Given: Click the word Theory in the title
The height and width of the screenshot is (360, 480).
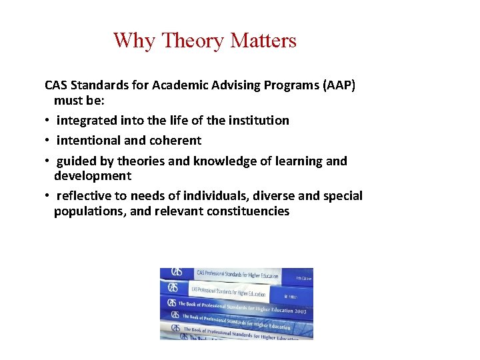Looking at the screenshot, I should point(193,41).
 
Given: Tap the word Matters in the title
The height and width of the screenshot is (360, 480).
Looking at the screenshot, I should point(263,41).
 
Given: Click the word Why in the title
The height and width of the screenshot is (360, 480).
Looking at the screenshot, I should point(133,41).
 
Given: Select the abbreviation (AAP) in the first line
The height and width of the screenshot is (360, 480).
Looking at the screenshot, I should point(337,85).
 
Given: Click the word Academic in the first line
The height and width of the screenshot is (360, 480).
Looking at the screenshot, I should point(179,85).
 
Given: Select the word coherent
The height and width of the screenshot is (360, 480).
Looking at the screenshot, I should point(175,141).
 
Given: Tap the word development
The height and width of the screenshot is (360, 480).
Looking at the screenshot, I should point(93,176).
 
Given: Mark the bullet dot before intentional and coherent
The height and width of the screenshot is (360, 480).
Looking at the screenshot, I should point(48,141).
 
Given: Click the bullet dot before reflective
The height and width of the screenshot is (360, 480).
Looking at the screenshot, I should point(48,196).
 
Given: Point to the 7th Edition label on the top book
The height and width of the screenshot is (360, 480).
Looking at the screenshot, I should point(294,275).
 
